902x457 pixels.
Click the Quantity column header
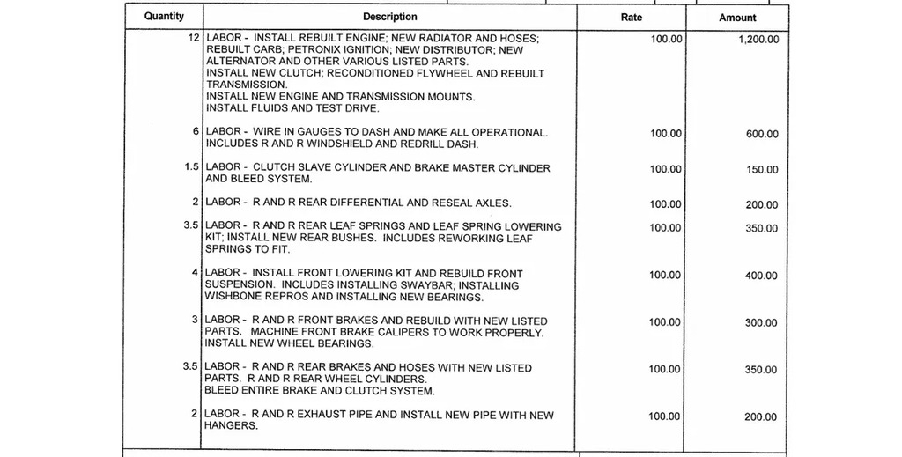tap(164, 17)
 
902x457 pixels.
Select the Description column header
tap(389, 17)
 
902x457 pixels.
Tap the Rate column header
tap(632, 17)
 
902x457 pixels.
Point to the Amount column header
tap(737, 18)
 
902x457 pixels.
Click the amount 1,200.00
tap(758, 41)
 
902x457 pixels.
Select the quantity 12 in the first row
tap(194, 39)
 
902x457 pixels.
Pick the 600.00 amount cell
tap(762, 135)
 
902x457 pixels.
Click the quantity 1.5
tap(191, 167)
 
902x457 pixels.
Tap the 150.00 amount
tap(762, 170)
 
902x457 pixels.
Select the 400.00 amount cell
tap(762, 276)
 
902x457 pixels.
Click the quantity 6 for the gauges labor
tap(196, 131)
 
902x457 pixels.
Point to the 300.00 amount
tap(762, 323)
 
